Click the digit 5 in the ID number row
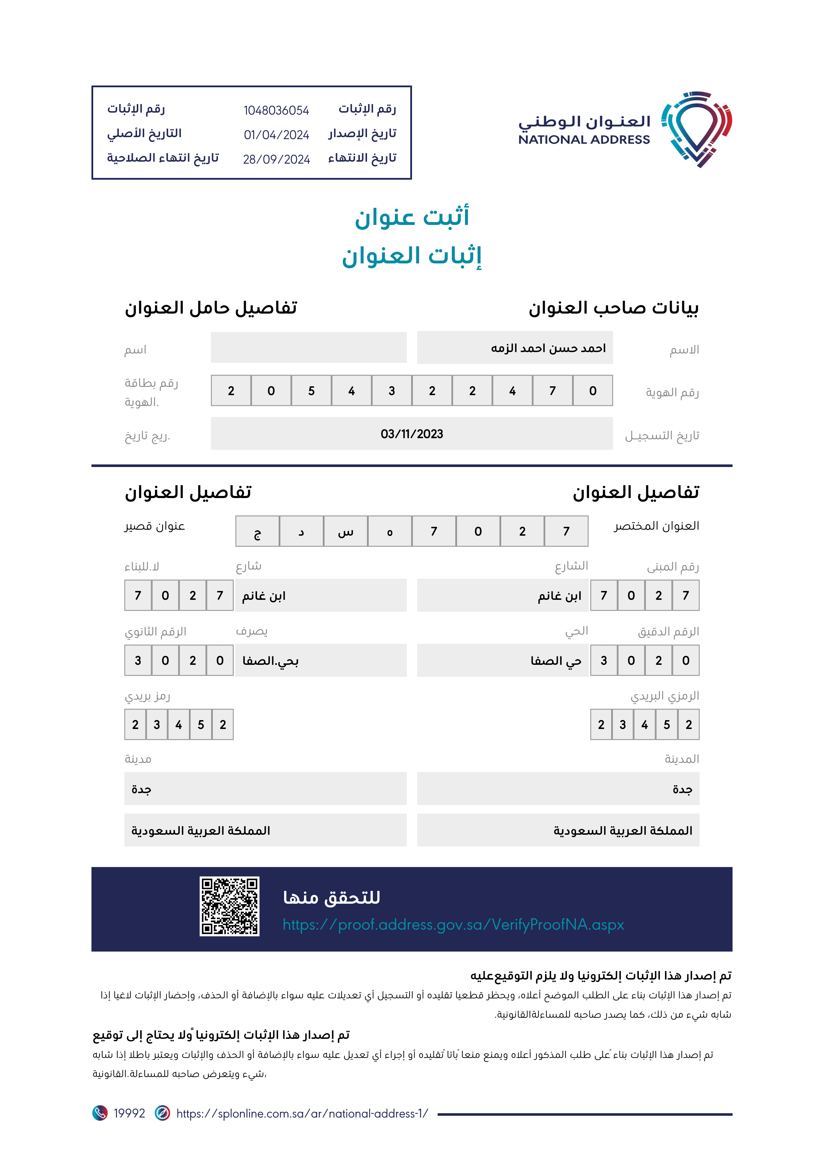311,391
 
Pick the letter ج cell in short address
257,531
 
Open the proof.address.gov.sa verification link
453,925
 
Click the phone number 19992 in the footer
129,1113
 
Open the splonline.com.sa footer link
302,1113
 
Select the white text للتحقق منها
331,897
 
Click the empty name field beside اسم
309,348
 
